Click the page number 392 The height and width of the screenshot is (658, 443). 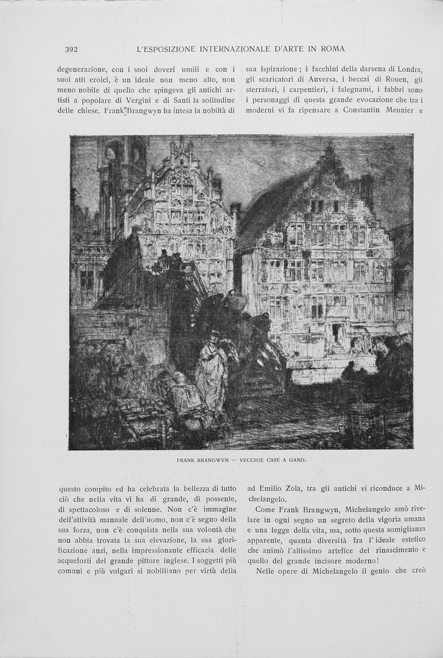pos(72,49)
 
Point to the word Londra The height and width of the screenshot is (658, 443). pos(407,69)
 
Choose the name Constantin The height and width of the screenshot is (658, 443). pos(343,111)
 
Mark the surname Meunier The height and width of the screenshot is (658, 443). pos(393,111)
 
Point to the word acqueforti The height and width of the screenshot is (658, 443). pos(82,560)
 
